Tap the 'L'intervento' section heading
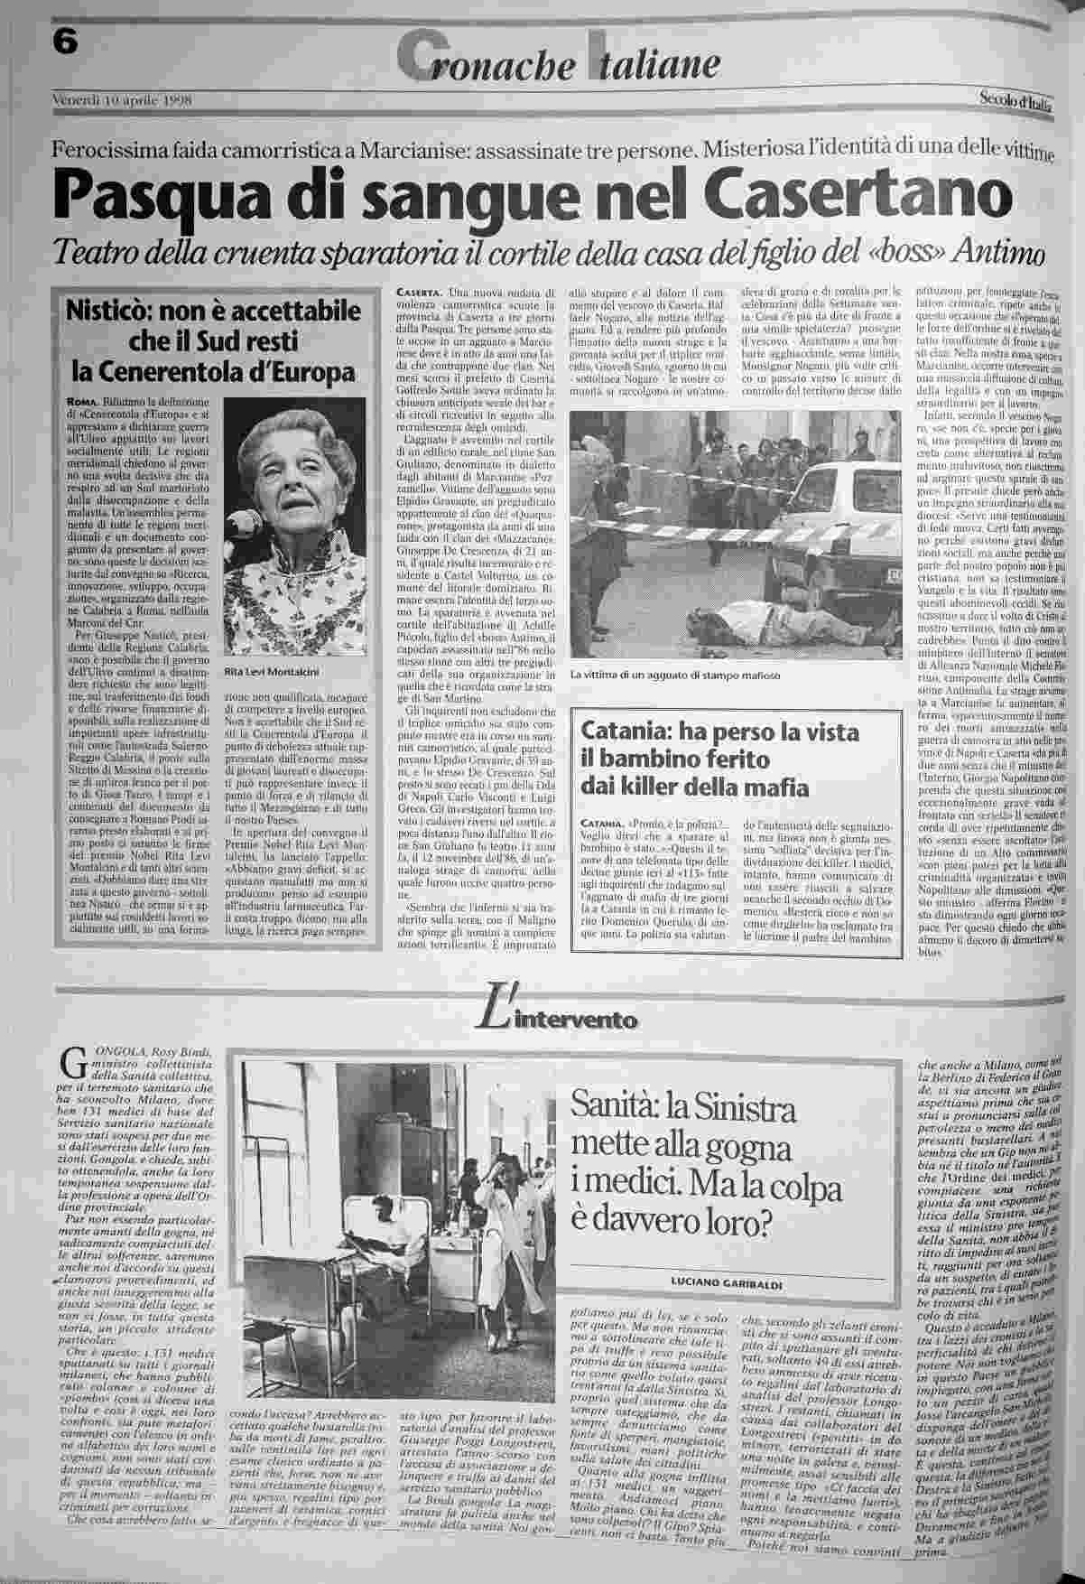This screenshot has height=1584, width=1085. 560,1018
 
